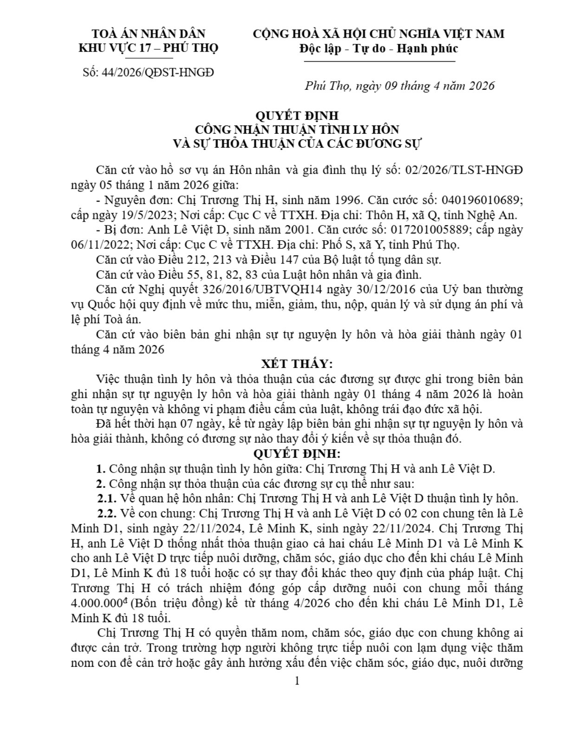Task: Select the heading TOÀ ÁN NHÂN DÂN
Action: [x=148, y=33]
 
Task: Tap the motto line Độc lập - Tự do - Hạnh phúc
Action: [x=379, y=48]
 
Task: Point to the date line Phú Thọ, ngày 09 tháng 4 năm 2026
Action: [x=400, y=85]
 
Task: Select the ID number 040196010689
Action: [x=483, y=200]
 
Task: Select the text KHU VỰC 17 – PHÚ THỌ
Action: [x=148, y=48]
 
